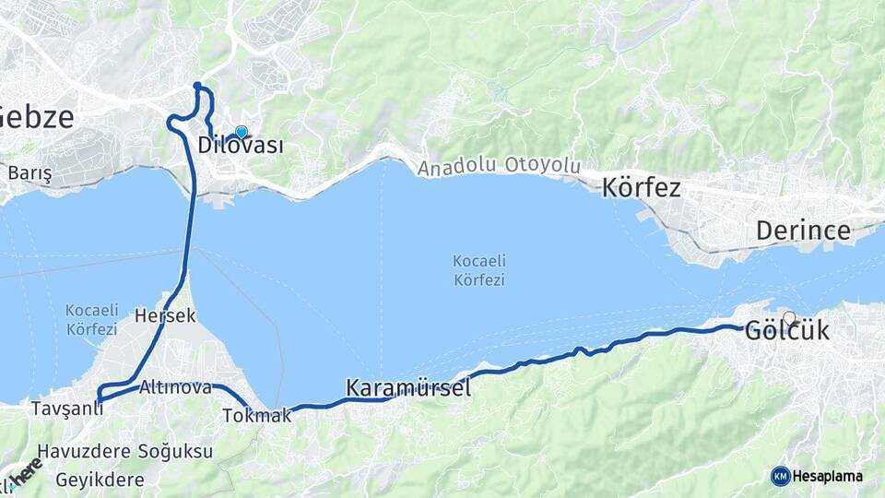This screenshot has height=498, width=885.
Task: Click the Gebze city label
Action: coord(35,117)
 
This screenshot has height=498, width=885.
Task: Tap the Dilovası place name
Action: coord(240,146)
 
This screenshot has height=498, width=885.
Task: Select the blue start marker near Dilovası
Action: coord(242,133)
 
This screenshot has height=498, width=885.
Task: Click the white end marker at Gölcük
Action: coord(789,318)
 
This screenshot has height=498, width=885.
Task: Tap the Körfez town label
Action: coord(641,188)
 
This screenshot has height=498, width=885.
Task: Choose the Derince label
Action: coord(803,231)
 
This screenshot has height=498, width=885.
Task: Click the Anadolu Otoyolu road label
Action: coord(499,167)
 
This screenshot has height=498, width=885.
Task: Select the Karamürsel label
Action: coord(408,388)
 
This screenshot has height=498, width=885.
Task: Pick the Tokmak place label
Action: coord(257,416)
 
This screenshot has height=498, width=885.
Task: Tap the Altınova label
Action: coord(175,388)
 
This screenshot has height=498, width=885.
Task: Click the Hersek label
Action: coord(165,315)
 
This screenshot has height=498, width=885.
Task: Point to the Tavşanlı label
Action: coord(66,408)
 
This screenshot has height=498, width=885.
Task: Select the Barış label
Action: coord(29,172)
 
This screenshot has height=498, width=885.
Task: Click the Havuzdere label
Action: coord(76,452)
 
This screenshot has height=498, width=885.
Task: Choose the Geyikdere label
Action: coord(100,480)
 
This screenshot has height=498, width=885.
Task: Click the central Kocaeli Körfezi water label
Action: coord(478,270)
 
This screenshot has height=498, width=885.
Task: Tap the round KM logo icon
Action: coord(780,476)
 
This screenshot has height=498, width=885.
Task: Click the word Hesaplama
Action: coord(828,476)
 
